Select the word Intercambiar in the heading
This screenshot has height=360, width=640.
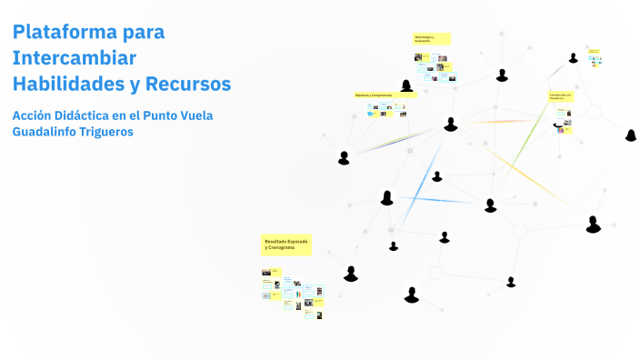74,58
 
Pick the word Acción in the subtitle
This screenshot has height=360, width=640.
35,115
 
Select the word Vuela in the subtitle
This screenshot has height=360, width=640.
218,115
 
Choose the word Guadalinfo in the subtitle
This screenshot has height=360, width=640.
52,133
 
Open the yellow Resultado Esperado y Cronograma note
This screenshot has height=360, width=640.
285,244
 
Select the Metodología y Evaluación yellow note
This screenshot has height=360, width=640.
431,39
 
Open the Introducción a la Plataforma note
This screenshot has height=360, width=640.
560,95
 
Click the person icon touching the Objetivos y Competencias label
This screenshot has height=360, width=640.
407,86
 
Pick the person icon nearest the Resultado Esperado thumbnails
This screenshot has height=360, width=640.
351,274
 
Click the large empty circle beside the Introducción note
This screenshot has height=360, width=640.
594,112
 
